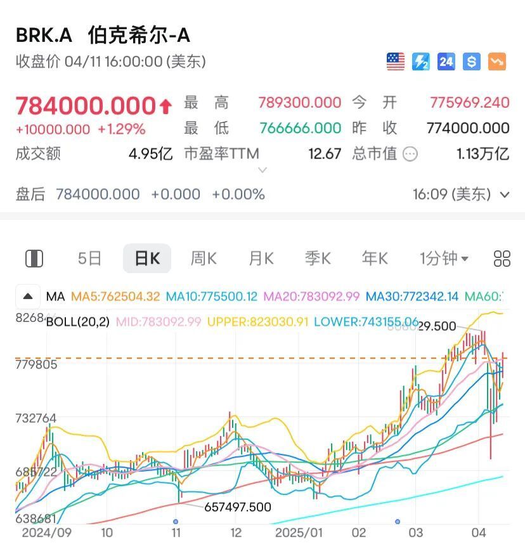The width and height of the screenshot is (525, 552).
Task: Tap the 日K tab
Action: pyautogui.click(x=146, y=259)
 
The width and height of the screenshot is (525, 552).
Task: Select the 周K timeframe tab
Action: pyautogui.click(x=204, y=259)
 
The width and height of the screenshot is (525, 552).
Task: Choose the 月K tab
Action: pyautogui.click(x=261, y=259)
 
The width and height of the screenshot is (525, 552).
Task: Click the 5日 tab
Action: pyautogui.click(x=89, y=259)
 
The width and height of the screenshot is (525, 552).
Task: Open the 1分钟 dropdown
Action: pyautogui.click(x=444, y=259)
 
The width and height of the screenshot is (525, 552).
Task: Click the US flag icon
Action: pyautogui.click(x=396, y=61)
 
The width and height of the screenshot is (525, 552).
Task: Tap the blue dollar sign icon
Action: pyautogui.click(x=471, y=61)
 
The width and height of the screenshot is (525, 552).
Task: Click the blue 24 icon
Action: pyautogui.click(x=446, y=61)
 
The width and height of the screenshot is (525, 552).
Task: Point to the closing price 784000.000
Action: pyautogui.click(x=86, y=105)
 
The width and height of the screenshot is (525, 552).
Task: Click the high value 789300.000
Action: pyautogui.click(x=299, y=103)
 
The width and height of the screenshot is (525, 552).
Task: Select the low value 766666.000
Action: pyautogui.click(x=299, y=128)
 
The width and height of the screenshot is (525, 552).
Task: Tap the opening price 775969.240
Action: pyautogui.click(x=469, y=103)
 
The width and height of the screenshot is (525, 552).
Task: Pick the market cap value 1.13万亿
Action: pyautogui.click(x=483, y=153)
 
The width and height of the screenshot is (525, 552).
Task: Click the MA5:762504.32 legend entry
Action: pyautogui.click(x=115, y=296)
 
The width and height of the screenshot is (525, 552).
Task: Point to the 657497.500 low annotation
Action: pyautogui.click(x=237, y=507)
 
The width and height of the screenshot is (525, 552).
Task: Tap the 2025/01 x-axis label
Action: pyautogui.click(x=299, y=533)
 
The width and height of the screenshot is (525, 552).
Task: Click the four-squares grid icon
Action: pyautogui.click(x=502, y=259)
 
